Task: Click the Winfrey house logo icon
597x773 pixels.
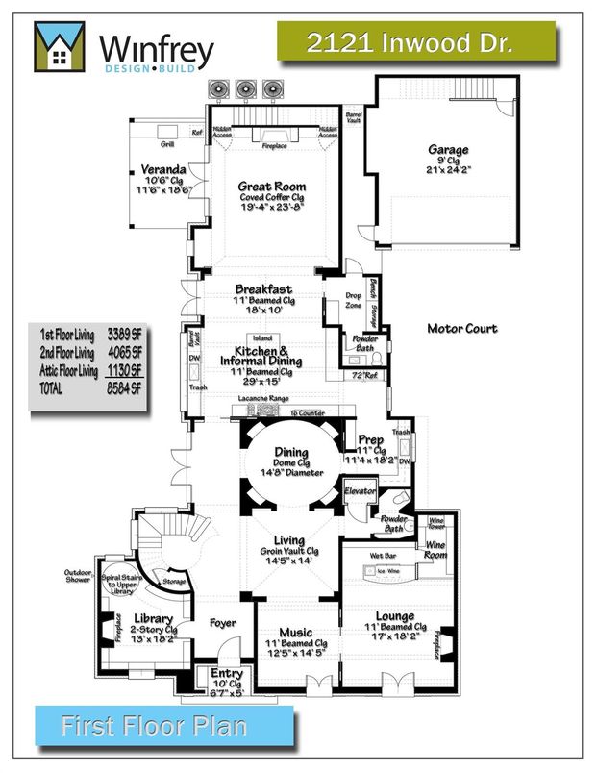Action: point(59,48)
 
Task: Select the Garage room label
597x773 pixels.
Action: point(448,150)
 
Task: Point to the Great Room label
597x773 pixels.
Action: point(273,187)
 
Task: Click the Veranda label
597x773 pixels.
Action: point(162,170)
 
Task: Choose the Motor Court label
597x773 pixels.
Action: point(462,329)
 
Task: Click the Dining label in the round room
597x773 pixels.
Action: point(291,452)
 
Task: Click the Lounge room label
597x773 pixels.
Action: point(395,616)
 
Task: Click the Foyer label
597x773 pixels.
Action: point(223,623)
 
